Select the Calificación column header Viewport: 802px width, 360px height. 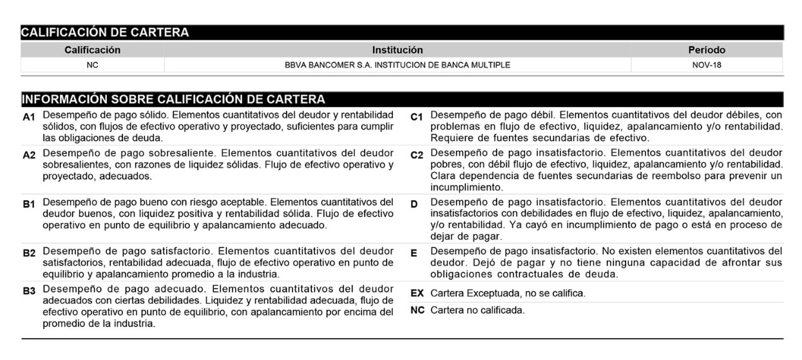click(x=92, y=50)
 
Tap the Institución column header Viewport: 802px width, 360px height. click(x=397, y=50)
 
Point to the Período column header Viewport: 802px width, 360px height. click(x=707, y=50)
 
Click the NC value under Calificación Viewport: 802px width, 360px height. click(x=92, y=65)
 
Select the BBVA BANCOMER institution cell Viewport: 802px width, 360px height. click(x=397, y=65)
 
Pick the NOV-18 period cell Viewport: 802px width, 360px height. click(x=707, y=65)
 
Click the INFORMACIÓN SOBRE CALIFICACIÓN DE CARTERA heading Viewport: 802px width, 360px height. click(x=173, y=99)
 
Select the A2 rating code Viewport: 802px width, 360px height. click(x=29, y=155)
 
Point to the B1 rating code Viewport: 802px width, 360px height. click(x=29, y=204)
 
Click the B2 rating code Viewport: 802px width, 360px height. click(x=29, y=252)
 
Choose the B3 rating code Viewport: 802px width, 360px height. click(x=29, y=290)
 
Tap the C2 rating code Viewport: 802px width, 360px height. click(x=417, y=155)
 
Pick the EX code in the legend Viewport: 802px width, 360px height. click(x=417, y=294)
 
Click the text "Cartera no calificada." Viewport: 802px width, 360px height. click(x=477, y=310)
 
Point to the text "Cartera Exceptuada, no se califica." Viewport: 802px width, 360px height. click(x=508, y=294)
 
